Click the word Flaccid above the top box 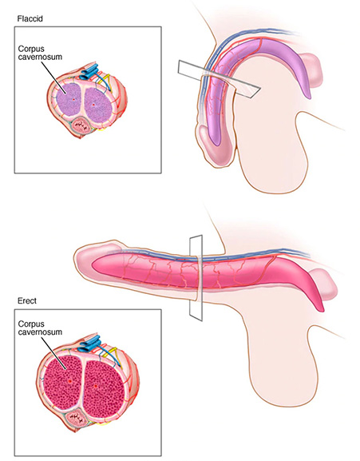[x=30, y=19]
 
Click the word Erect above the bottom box [x=27, y=300]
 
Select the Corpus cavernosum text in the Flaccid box [x=40, y=53]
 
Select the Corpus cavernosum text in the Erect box [x=40, y=328]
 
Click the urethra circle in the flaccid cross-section [x=81, y=125]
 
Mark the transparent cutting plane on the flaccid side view [x=219, y=79]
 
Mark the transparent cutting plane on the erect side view [x=196, y=277]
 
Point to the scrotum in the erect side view [x=282, y=362]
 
